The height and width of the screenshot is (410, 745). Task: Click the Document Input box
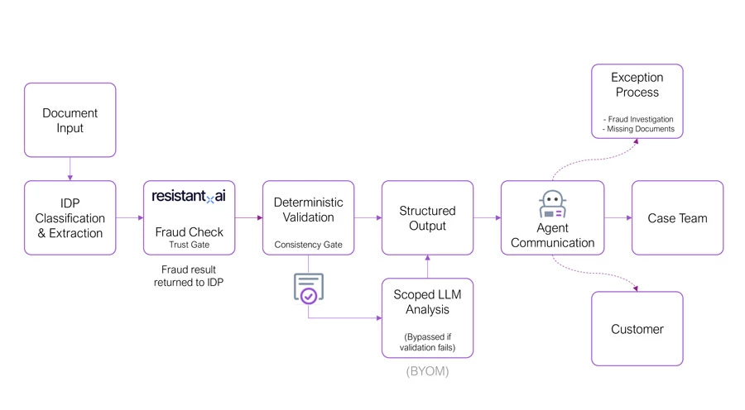[70, 120]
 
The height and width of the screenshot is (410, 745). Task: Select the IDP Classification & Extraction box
[70, 218]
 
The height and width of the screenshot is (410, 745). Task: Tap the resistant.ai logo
[189, 196]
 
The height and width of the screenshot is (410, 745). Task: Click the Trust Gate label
[189, 246]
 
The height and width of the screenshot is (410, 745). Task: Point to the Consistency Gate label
[308, 246]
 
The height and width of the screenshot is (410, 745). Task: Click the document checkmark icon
[308, 288]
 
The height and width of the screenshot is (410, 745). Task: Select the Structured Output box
[427, 218]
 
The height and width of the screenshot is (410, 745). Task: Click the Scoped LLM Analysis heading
[427, 303]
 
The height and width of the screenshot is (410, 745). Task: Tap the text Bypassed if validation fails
[427, 342]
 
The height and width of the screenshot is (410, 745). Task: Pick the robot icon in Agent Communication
[552, 204]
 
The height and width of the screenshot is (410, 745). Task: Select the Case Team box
[677, 218]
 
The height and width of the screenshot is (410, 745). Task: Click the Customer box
[637, 329]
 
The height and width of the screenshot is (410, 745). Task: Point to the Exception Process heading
[637, 84]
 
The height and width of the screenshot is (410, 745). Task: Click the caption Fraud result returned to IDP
[189, 276]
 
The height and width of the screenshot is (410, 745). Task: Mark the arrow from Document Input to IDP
[70, 169]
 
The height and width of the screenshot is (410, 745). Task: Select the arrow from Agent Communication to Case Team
[618, 218]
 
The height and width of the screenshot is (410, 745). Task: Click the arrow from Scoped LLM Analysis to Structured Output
[427, 266]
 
